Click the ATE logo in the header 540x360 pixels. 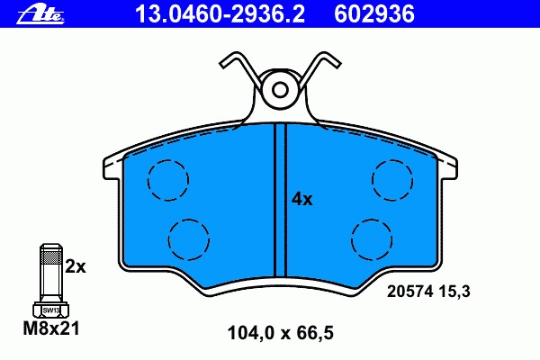point(40,14)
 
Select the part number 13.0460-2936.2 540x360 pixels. point(220,14)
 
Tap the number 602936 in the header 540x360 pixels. point(374,14)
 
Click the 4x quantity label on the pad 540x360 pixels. point(302,199)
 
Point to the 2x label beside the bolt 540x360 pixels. point(76,266)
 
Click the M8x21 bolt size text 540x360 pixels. point(51,328)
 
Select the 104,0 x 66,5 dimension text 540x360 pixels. point(280,333)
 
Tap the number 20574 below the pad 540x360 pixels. point(409,292)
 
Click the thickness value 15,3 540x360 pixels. point(454,292)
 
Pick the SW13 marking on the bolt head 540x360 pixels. point(51,310)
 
